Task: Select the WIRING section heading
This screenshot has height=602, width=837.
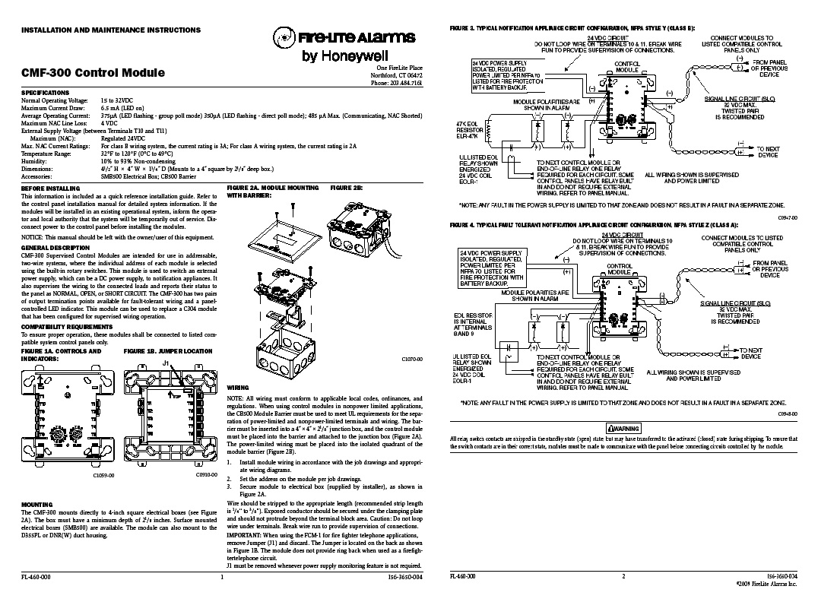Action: [x=238, y=387]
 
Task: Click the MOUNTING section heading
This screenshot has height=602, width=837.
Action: [x=36, y=503]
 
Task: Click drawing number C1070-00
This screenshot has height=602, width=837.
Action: [x=411, y=358]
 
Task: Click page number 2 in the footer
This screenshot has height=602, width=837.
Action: [x=623, y=578]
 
